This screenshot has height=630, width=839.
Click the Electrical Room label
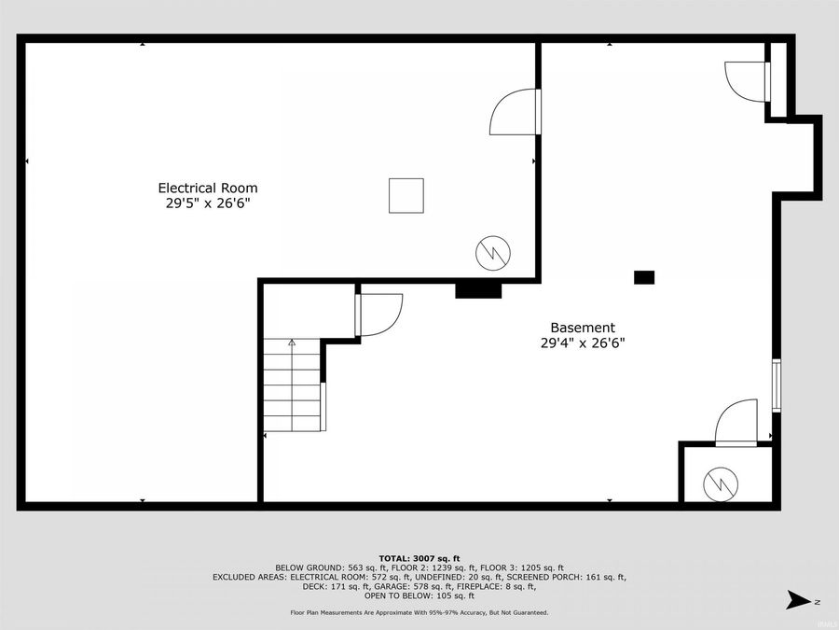[207, 188]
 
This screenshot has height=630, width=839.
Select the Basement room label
[583, 328]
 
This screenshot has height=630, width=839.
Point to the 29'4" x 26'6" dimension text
[583, 343]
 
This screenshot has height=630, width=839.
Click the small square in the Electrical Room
[406, 196]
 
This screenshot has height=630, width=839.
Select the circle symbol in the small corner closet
[722, 481]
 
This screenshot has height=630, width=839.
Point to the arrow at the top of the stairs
[292, 343]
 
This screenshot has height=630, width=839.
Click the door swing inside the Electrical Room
[514, 112]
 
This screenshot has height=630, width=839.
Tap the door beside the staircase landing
[378, 315]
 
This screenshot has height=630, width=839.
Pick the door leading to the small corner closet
[736, 421]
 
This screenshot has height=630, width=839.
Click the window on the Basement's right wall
[775, 385]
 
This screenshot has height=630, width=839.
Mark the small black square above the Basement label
[644, 277]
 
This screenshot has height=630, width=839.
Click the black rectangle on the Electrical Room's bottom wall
[478, 290]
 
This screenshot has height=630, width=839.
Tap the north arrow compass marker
[798, 599]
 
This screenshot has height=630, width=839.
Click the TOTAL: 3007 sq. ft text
[419, 557]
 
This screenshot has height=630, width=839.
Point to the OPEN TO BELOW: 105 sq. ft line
[419, 595]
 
